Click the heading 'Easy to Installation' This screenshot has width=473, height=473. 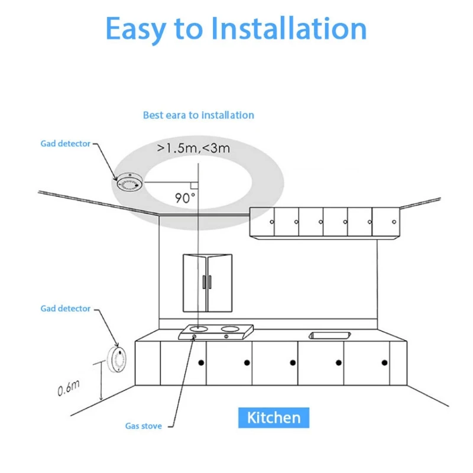click(x=236, y=28)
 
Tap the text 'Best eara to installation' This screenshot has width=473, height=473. click(x=199, y=115)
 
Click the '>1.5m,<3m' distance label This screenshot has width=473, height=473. click(x=193, y=148)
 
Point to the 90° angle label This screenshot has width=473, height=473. click(x=185, y=197)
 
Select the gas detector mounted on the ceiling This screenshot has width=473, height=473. click(x=129, y=183)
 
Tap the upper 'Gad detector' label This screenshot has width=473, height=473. click(x=66, y=144)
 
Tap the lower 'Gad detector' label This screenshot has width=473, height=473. click(x=66, y=309)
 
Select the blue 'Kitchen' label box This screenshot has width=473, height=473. click(x=273, y=417)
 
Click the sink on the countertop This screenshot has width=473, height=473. click(x=328, y=335)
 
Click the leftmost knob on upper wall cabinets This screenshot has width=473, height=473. click(x=271, y=222)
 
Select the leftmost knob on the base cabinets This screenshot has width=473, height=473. click(x=200, y=362)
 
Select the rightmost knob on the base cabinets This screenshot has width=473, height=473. click(x=384, y=362)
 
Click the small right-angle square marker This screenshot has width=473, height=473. click(x=193, y=186)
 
